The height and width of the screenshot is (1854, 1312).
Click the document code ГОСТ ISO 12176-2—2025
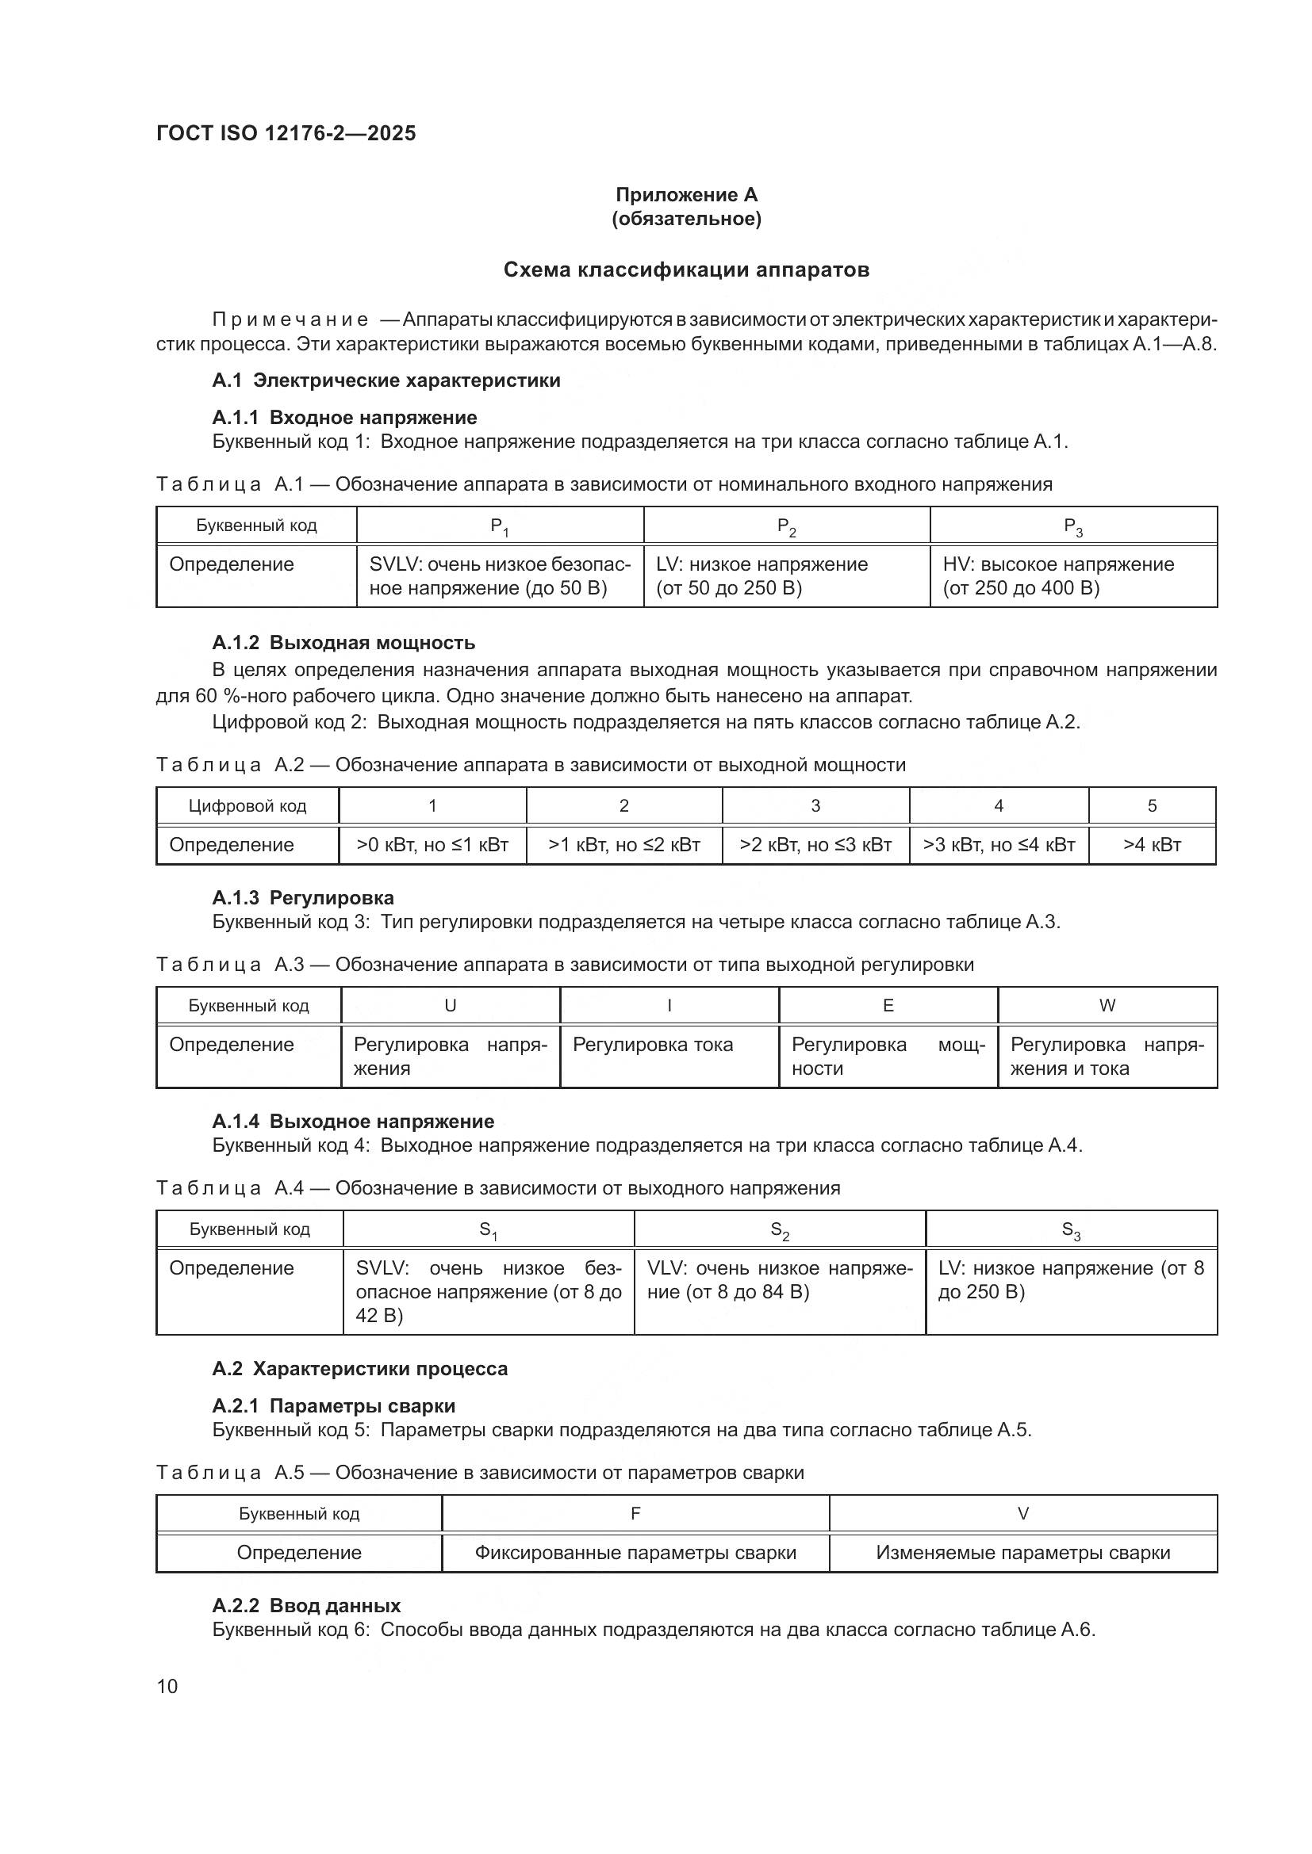[x=286, y=133]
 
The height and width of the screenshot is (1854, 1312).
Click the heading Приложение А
[x=686, y=195]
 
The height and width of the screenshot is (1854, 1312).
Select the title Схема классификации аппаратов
[x=686, y=269]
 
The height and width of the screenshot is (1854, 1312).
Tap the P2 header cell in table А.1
[x=786, y=526]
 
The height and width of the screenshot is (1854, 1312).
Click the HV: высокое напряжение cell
[x=1073, y=575]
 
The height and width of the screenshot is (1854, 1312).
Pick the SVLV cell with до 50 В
[x=499, y=575]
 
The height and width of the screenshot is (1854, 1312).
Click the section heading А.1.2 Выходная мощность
[x=343, y=643]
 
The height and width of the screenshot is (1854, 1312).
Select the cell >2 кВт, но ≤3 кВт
[x=815, y=845]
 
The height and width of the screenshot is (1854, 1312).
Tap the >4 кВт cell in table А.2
[x=1151, y=845]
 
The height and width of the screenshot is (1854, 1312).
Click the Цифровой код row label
[x=247, y=806]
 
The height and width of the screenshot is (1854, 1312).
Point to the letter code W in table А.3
[x=1107, y=1005]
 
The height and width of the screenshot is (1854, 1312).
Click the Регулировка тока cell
[x=653, y=1045]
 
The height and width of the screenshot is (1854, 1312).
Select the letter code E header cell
[x=888, y=1005]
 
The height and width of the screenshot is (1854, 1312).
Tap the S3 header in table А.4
[x=1070, y=1230]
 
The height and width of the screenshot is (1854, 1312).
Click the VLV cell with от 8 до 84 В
[x=779, y=1280]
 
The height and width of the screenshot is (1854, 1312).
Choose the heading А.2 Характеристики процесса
[x=359, y=1369]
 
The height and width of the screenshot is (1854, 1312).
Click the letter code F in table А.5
[x=635, y=1513]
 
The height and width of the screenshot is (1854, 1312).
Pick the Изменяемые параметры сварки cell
[x=1022, y=1553]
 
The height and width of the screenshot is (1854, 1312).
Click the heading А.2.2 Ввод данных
[x=306, y=1605]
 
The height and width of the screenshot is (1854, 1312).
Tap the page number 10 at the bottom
[x=167, y=1686]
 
